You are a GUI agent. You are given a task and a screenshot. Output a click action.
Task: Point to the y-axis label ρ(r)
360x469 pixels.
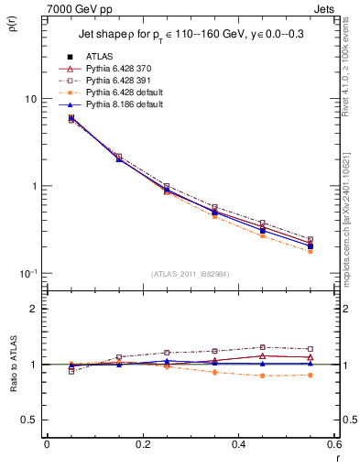(x=13, y=23)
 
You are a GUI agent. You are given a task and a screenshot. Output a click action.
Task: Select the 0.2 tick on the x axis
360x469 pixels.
(x=143, y=444)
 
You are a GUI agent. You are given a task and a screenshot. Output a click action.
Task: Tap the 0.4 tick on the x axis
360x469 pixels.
(x=239, y=444)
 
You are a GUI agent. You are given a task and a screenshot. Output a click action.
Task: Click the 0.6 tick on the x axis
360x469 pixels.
(x=333, y=444)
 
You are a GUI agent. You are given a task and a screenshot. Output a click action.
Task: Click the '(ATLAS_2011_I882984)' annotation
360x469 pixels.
(x=191, y=274)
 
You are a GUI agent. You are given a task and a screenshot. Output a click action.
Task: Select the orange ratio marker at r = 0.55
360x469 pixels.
(x=311, y=375)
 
